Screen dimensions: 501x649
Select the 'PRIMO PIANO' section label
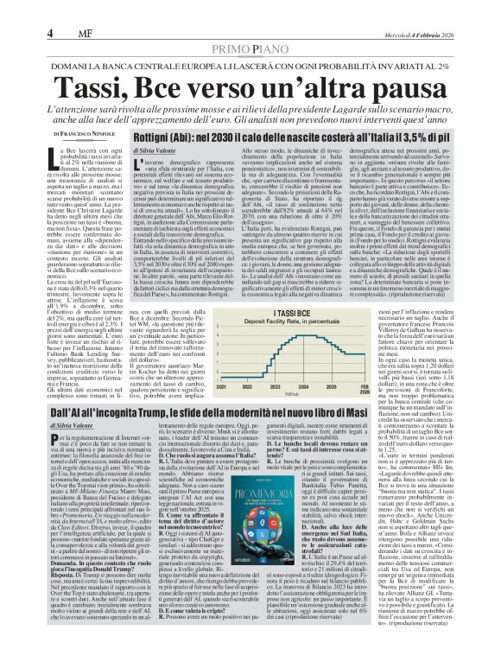[250, 27]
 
